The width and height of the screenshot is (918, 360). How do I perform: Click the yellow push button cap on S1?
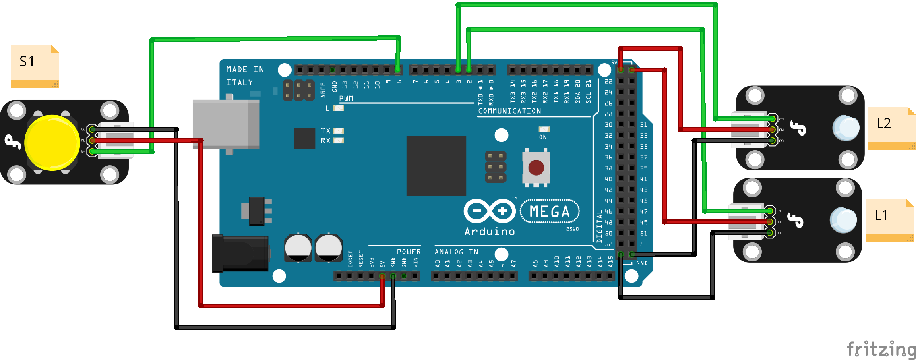tap(52, 143)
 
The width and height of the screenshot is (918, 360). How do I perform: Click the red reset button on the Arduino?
tap(536, 168)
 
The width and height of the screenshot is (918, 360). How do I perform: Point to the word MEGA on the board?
tap(550, 211)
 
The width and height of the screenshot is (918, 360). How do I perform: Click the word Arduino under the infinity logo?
tap(490, 232)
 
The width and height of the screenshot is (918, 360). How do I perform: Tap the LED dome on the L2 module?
tap(846, 128)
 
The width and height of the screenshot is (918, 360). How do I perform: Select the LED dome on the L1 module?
tap(843, 220)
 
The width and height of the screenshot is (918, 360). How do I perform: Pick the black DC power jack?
tap(240, 253)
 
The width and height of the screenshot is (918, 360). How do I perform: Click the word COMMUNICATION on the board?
tap(509, 111)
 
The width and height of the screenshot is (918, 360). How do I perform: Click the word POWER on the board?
tap(409, 252)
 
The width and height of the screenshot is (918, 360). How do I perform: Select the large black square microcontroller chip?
tap(436, 166)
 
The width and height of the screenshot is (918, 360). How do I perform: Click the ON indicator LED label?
tap(543, 137)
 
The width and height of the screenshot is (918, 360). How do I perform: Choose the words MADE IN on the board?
tap(245, 70)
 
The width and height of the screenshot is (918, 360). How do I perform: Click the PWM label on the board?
tap(346, 99)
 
